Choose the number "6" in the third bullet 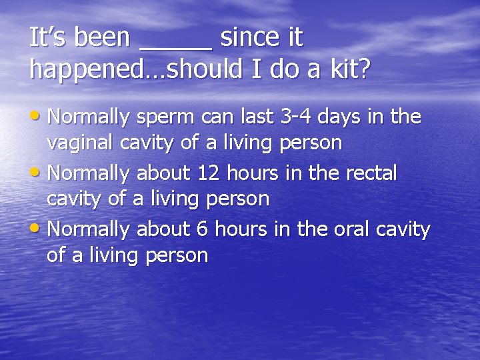point(202,229)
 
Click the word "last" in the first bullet point(258,117)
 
